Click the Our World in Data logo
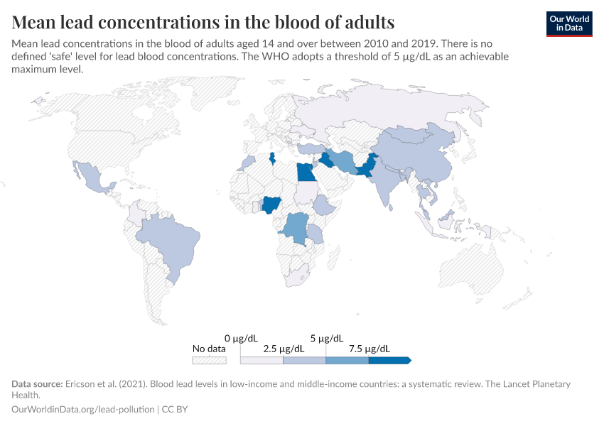tap(568, 23)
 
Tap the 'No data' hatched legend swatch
tap(209, 360)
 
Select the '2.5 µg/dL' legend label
tap(284, 349)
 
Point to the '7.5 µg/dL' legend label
tap(369, 349)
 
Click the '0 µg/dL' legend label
tap(240, 338)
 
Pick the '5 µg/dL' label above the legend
tap(326, 338)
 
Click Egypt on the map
tap(306, 173)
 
